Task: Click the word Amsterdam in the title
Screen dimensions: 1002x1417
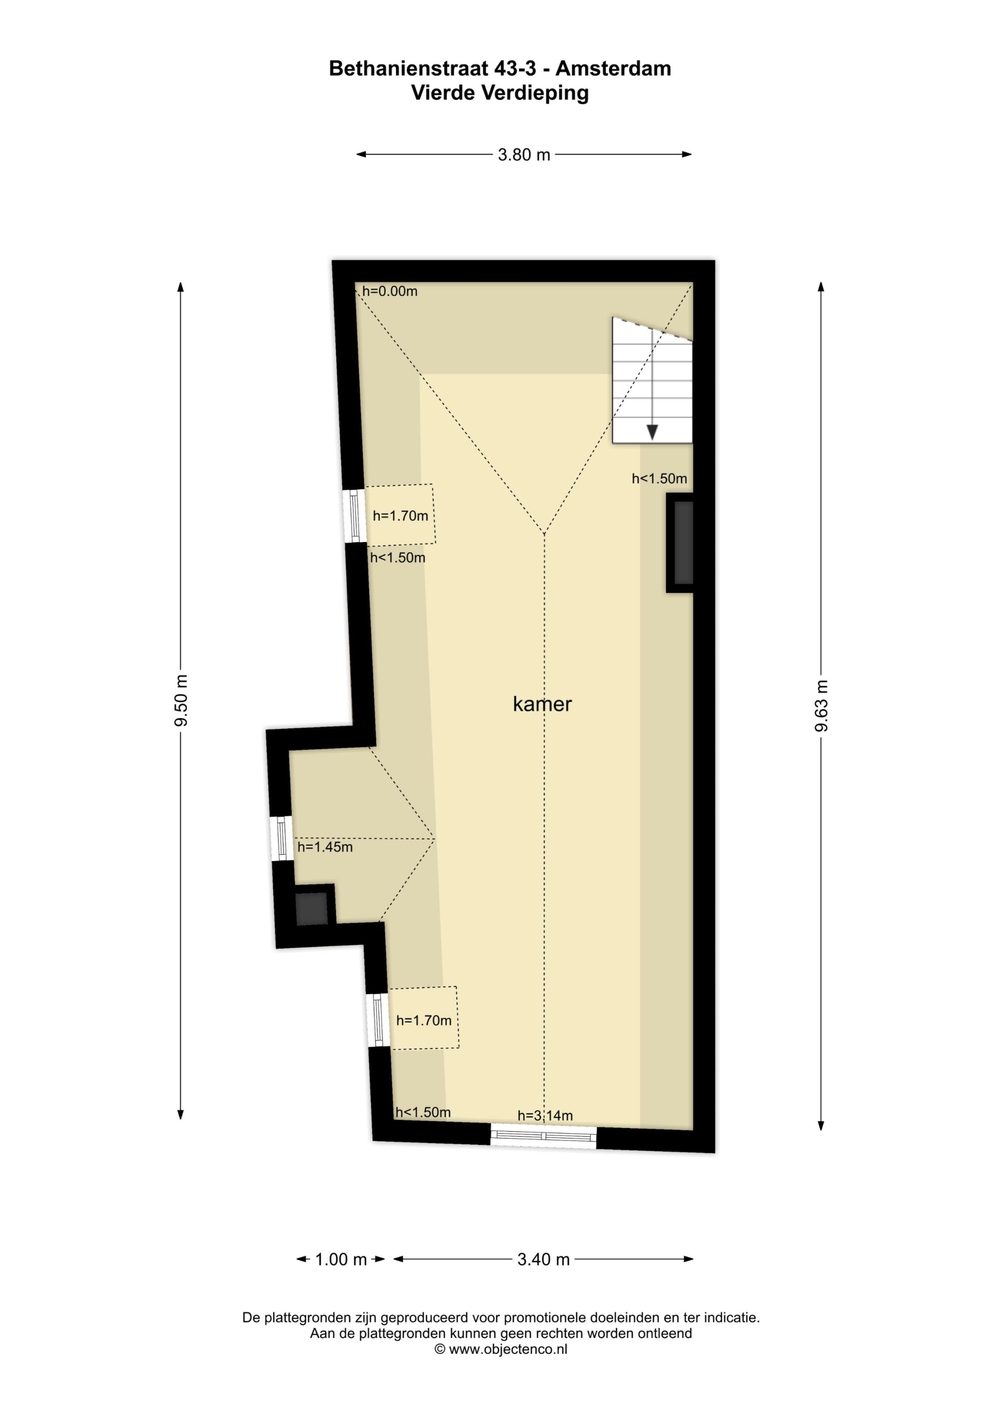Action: (x=613, y=68)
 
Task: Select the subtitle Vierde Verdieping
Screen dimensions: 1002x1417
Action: (x=500, y=93)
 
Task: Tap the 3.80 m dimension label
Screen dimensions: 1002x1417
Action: (x=523, y=155)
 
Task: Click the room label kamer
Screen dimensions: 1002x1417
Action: (x=542, y=704)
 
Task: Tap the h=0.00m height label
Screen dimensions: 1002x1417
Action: (x=390, y=291)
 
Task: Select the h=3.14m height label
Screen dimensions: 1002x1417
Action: (x=545, y=1116)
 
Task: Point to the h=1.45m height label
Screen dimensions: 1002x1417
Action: (x=325, y=848)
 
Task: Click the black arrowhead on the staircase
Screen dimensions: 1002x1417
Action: (x=652, y=432)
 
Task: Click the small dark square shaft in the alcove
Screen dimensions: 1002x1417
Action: (x=311, y=909)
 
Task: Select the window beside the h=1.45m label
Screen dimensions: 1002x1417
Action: (x=281, y=838)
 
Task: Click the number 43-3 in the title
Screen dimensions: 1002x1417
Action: (x=515, y=68)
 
